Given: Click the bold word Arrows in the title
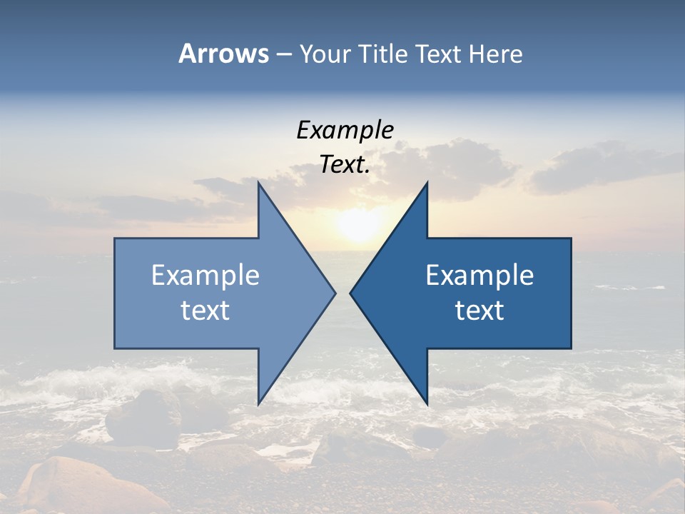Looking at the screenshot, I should [x=223, y=54].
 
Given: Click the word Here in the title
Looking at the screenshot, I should [x=495, y=54].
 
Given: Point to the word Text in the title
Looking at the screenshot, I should [x=440, y=54].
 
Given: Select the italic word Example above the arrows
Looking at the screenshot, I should [x=345, y=130].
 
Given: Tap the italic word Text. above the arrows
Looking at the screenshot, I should [x=345, y=165].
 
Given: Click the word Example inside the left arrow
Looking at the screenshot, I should [x=205, y=275].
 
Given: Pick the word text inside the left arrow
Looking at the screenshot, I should [x=205, y=311].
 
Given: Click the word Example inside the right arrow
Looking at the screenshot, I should [x=479, y=275].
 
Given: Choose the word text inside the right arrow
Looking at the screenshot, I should [x=479, y=311].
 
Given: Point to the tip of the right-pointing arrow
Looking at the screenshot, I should [x=335, y=293].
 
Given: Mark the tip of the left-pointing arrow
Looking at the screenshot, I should [x=350, y=293].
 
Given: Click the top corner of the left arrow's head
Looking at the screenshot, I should [x=258, y=183].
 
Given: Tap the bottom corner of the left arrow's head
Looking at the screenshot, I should [x=258, y=403].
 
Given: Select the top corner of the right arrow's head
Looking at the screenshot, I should [x=427, y=183].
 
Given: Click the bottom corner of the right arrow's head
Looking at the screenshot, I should [x=427, y=404].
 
